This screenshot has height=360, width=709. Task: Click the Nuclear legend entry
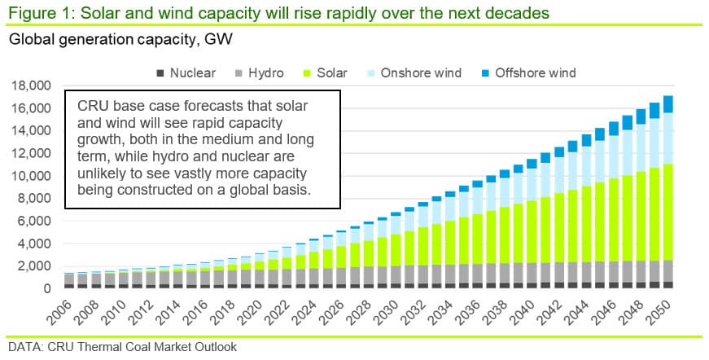tap(192, 73)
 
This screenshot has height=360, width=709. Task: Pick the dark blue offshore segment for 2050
tap(667, 103)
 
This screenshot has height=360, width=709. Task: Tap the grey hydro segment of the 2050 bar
tap(667, 271)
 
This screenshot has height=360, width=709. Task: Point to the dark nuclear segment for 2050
tap(667, 285)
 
